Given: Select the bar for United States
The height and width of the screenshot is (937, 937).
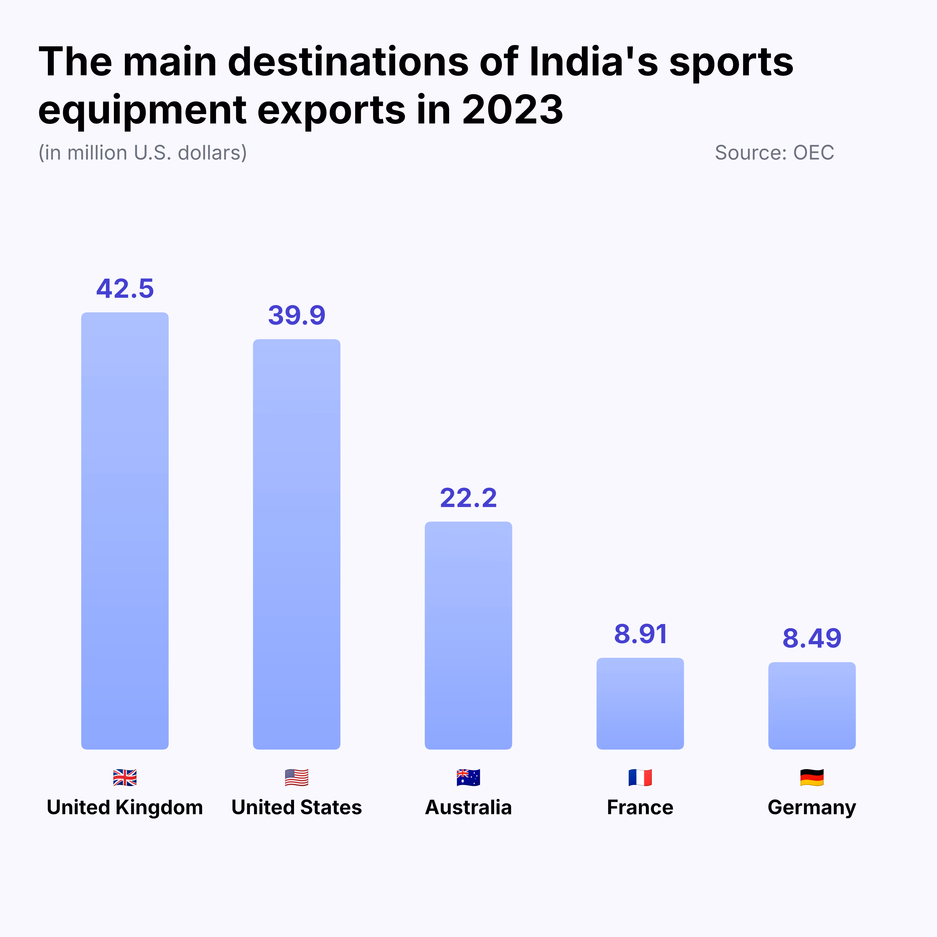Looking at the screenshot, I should click(x=296, y=544).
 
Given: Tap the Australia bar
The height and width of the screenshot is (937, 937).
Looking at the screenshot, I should click(x=468, y=635).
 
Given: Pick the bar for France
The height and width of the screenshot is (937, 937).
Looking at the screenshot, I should click(x=640, y=703).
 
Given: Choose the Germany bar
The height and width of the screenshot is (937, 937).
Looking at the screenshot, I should click(x=811, y=706).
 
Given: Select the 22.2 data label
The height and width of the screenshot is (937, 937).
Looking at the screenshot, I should click(x=468, y=498).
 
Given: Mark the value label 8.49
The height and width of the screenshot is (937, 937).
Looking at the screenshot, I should click(x=811, y=638).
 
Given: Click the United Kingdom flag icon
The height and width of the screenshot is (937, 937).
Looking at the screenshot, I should click(x=125, y=778).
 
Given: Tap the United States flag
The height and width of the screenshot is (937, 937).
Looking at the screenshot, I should click(x=296, y=778).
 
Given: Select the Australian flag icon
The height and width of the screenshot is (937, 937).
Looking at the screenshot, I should click(x=468, y=778).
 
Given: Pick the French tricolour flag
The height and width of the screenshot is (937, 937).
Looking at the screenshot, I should click(x=640, y=778).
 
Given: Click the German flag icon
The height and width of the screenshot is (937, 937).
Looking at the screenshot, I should click(x=811, y=778).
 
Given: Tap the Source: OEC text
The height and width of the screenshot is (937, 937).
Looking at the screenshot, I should click(x=774, y=153).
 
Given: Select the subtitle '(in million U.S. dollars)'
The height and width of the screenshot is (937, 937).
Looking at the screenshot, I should click(x=143, y=153).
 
